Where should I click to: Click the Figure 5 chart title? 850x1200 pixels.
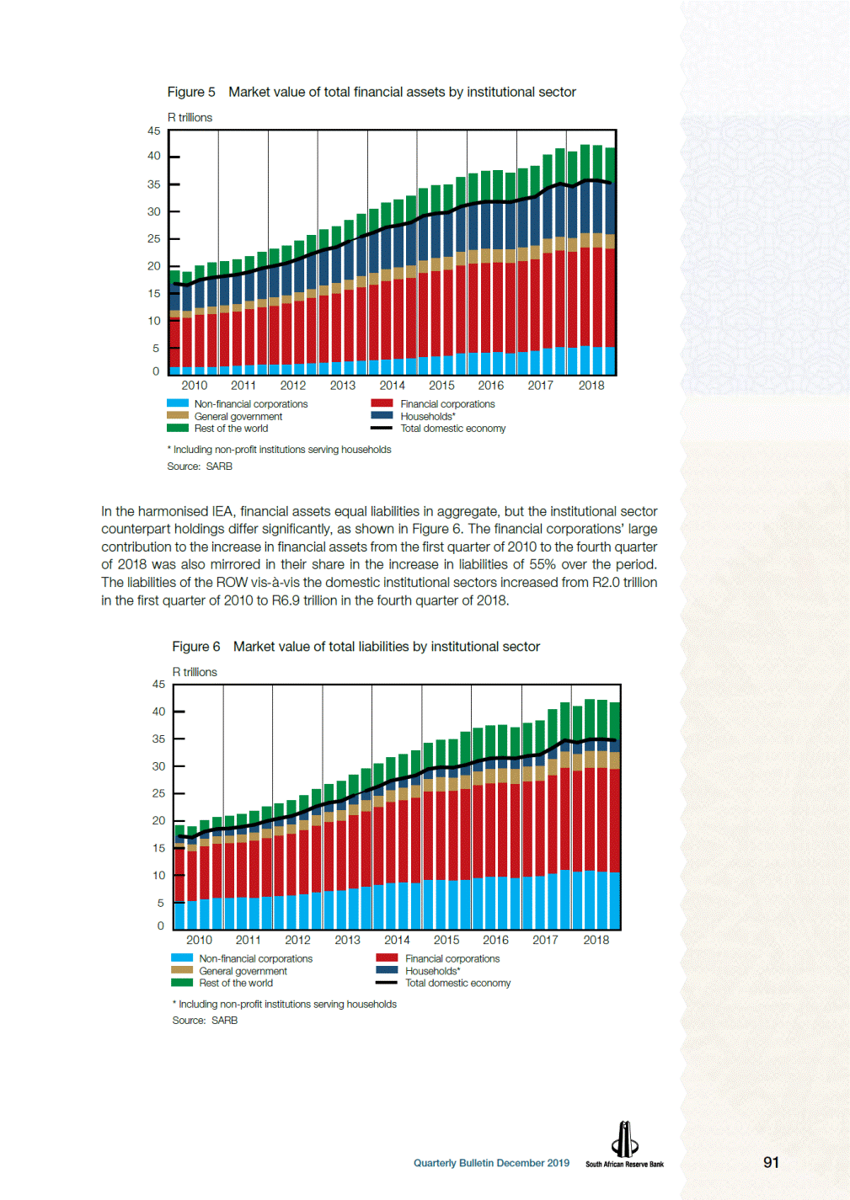tap(372, 92)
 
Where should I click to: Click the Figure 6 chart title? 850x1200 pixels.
tap(356, 647)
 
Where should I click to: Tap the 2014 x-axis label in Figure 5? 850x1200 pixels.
tap(392, 385)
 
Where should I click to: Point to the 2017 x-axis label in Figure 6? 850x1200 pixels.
tap(545, 940)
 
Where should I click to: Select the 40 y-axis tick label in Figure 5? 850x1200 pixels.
tap(154, 156)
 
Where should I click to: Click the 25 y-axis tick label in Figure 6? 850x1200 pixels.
tap(158, 793)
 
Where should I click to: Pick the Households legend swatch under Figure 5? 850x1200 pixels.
tap(382, 416)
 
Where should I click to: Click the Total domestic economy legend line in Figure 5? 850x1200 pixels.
tap(382, 428)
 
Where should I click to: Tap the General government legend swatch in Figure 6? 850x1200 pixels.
tap(182, 970)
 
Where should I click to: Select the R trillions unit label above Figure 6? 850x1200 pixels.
tap(195, 672)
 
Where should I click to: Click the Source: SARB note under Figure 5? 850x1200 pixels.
tap(200, 466)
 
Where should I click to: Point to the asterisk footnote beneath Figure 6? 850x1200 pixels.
tap(284, 1004)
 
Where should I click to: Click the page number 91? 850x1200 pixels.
tap(771, 1162)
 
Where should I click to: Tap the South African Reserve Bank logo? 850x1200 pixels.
tap(624, 1144)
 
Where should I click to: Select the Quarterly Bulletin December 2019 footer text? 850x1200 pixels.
tap(491, 1163)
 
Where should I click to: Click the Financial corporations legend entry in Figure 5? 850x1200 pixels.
tap(433, 404)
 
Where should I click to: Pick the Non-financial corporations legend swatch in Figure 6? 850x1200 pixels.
tap(182, 957)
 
